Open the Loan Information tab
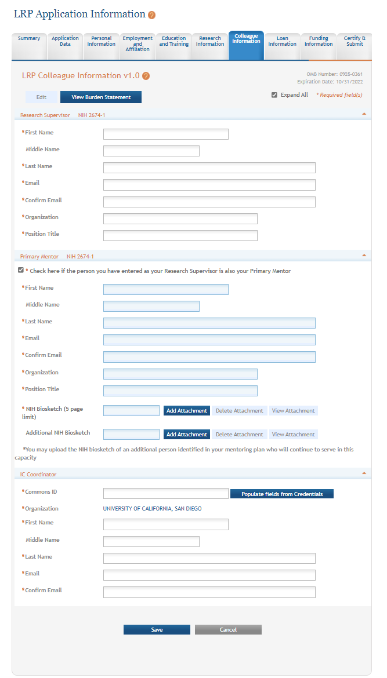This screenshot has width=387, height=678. pos(282,42)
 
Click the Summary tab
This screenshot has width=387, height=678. pos(29,39)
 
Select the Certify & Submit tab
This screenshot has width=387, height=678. pos(355,42)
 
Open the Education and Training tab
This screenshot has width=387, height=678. pos(173,42)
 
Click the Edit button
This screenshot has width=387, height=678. pos(41,97)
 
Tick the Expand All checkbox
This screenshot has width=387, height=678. pos(274,95)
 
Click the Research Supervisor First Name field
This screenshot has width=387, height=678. pos(165,134)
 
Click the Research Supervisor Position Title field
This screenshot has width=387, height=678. pos(180,236)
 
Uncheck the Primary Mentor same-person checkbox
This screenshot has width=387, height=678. pos(21,270)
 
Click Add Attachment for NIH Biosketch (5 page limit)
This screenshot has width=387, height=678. pos(186,411)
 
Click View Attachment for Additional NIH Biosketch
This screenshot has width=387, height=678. pos(293,435)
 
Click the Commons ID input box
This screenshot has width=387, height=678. pos(165,494)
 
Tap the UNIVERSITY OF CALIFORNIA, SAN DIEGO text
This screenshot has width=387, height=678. pos(152,509)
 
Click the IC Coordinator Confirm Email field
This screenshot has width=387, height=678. pos(209,592)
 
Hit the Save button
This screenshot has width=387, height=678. pos(157,630)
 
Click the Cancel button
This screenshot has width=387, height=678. pos(228,630)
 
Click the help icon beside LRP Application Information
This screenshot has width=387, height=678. pos(152,15)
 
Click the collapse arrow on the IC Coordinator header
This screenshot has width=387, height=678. pos(364,473)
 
